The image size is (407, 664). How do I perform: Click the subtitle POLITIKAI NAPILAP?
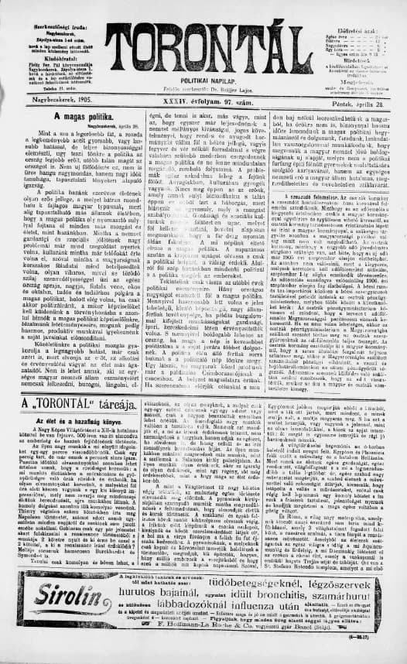click(x=207, y=80)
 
